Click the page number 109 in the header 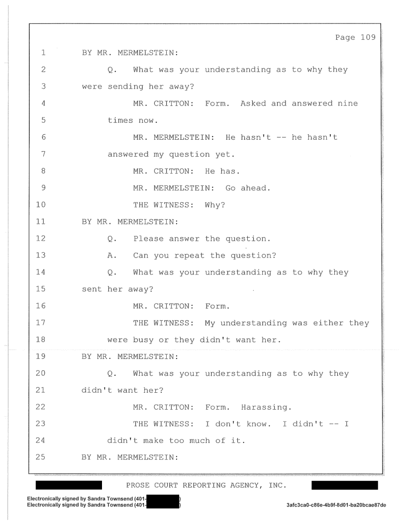[368, 37]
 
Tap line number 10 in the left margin [40, 204]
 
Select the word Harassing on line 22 [266, 408]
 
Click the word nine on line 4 [348, 103]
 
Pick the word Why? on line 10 [215, 205]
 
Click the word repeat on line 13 [189, 256]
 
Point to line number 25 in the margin [40, 457]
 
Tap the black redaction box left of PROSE [69, 485]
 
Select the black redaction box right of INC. [345, 485]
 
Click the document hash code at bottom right [336, 505]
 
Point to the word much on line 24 [200, 440]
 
